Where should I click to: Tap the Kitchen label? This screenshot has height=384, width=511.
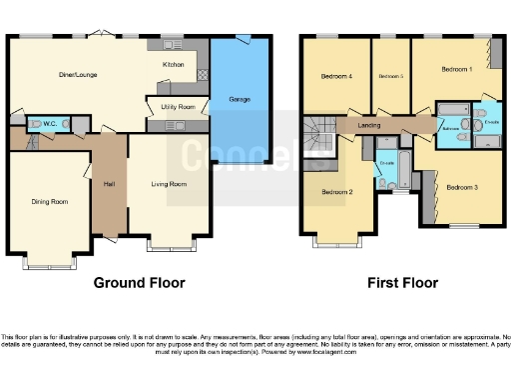174,65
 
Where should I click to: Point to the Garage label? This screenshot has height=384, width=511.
239,100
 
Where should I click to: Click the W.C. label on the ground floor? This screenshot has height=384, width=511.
48,124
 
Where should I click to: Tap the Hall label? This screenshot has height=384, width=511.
109,183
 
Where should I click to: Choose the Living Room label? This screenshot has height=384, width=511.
169,184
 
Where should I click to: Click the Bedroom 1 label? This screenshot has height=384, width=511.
456,68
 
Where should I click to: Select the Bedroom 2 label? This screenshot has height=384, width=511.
337,192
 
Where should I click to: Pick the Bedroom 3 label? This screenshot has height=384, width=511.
462,187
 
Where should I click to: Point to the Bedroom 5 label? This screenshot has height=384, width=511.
390,77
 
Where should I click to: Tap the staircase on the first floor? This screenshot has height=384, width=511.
319,136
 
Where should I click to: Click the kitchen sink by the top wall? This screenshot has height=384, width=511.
163,45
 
